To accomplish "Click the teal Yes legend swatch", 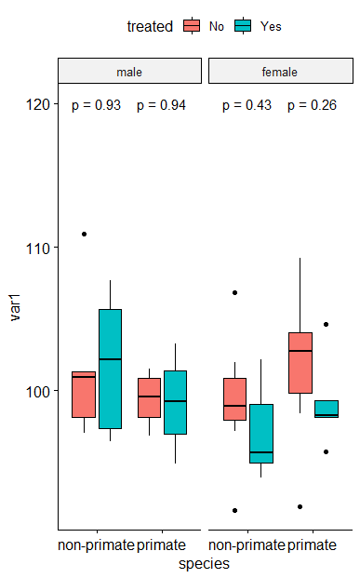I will click(x=245, y=26).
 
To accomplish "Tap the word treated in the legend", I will click(x=150, y=27).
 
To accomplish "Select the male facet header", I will click(x=129, y=72).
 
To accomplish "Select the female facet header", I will click(x=280, y=72).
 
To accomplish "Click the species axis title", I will click(x=204, y=563).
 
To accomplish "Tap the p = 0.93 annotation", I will click(x=97, y=105).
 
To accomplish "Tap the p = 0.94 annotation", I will click(x=161, y=105).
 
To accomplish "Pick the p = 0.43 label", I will click(x=247, y=105).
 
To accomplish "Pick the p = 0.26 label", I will click(x=312, y=105).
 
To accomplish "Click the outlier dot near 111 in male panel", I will click(x=84, y=234).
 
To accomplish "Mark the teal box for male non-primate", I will click(x=109, y=369).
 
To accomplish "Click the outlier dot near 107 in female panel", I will click(x=234, y=292).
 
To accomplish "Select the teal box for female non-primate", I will click(x=261, y=433).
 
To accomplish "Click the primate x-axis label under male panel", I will click(x=161, y=544).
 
